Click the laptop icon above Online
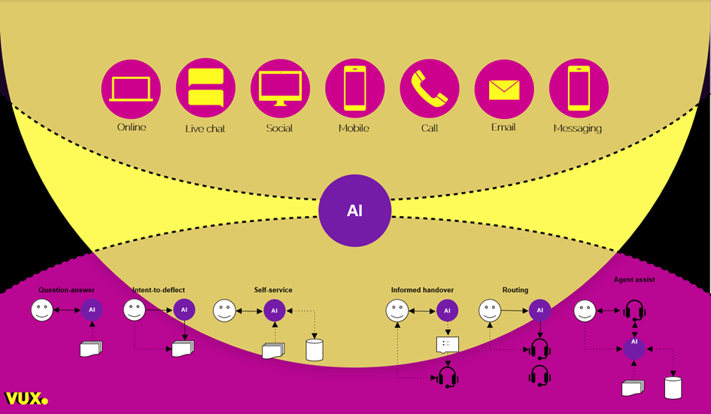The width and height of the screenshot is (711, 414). (131, 89)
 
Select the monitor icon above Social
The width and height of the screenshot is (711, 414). (280, 87)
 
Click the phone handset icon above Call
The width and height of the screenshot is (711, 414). (429, 87)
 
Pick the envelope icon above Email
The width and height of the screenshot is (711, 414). (504, 89)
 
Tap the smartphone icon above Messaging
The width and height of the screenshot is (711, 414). (579, 88)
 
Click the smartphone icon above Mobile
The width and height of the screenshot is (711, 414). (354, 88)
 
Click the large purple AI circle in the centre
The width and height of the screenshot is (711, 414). (355, 211)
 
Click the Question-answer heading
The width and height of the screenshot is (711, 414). (67, 290)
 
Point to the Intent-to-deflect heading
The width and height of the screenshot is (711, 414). (158, 290)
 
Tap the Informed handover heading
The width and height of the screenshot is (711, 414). (422, 290)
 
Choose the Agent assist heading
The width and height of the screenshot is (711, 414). (634, 279)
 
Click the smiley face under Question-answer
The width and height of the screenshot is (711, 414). (42, 310)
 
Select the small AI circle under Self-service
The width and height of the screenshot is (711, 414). (274, 310)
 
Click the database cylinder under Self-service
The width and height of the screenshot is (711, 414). (314, 350)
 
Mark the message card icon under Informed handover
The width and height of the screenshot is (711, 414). (447, 345)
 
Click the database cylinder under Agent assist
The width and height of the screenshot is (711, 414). (673, 388)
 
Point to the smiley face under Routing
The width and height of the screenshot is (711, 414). (490, 310)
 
